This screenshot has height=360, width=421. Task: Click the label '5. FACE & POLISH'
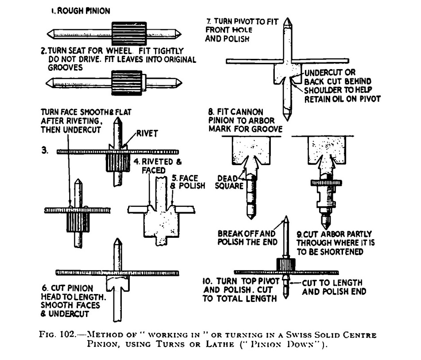pyautogui.click(x=188, y=181)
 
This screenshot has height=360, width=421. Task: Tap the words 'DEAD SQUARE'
pyautogui.click(x=228, y=182)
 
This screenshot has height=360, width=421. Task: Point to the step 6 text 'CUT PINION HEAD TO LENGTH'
pyautogui.click(x=79, y=292)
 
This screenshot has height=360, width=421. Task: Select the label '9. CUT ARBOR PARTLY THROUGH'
pyautogui.click(x=334, y=238)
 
